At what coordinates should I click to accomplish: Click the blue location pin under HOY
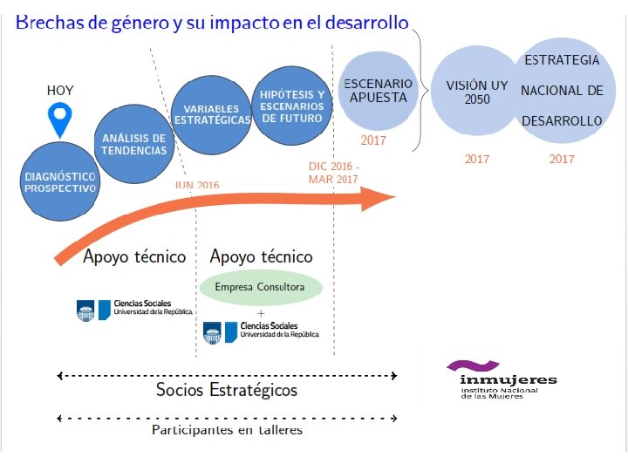coord(59,119)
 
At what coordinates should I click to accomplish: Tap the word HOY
coord(60,90)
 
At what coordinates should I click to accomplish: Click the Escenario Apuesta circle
coord(378,91)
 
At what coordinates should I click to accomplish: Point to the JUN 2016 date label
coord(196,185)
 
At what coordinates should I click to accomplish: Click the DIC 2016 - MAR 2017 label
coord(333,173)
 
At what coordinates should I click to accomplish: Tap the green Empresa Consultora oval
coord(260,287)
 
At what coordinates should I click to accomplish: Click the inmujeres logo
coord(496,379)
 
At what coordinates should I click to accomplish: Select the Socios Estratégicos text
coord(226,390)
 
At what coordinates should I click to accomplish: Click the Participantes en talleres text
coord(227,430)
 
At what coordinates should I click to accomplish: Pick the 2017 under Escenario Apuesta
coord(373,140)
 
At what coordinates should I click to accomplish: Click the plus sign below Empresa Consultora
coord(260,313)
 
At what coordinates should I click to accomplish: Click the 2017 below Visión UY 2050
coord(476,159)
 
